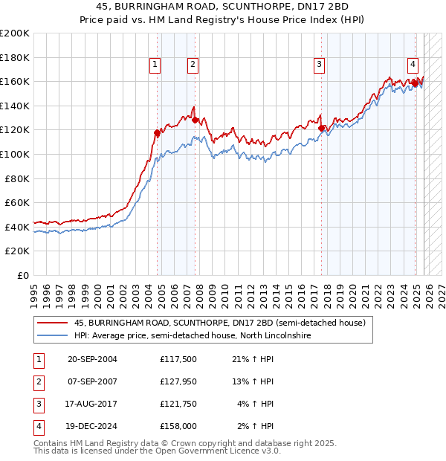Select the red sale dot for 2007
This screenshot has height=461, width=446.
(195, 120)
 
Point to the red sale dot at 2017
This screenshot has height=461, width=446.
(322, 128)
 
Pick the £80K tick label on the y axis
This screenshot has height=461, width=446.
(17, 178)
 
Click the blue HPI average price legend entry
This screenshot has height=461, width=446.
(192, 336)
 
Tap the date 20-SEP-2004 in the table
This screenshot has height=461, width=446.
(92, 360)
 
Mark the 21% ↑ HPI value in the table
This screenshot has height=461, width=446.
(253, 360)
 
